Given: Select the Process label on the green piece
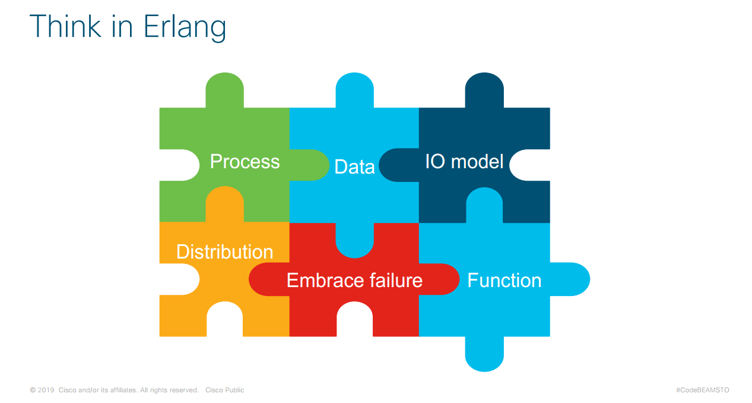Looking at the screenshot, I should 245,162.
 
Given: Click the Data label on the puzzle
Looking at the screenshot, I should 354,167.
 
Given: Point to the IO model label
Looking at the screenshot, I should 464,162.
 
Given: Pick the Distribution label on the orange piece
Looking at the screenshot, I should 224,252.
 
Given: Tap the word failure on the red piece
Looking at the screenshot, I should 393,281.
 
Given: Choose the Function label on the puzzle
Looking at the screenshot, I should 504,281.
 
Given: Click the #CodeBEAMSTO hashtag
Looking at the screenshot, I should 702,390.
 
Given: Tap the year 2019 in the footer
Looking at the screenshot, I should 46,390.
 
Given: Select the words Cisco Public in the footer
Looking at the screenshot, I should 224,390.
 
